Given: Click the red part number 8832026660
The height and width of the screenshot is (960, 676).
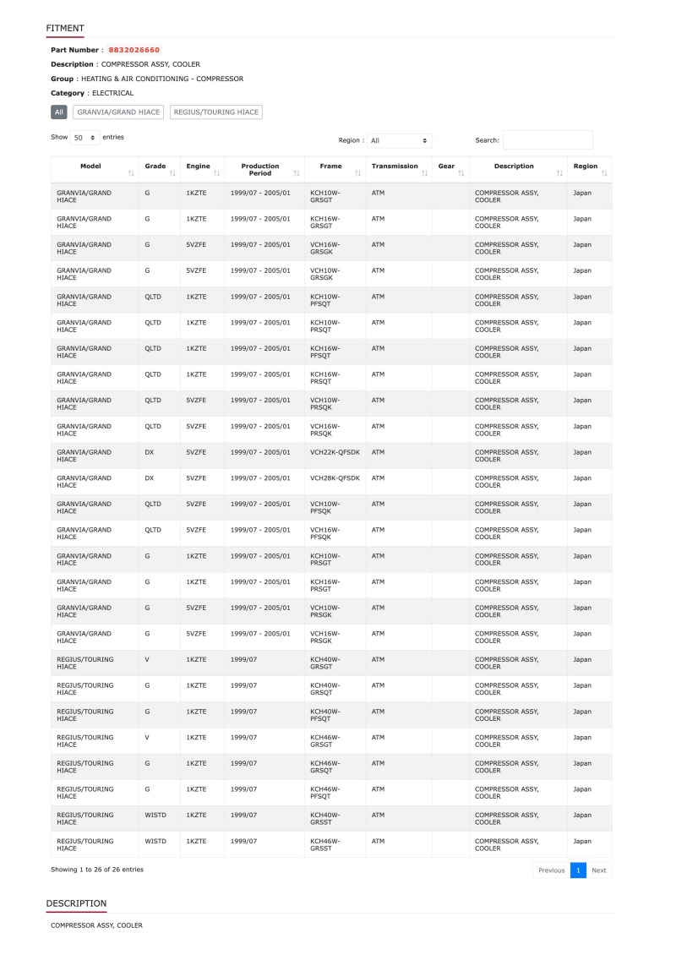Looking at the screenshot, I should click(134, 50).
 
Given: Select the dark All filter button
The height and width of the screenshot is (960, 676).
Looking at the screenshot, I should click(59, 112).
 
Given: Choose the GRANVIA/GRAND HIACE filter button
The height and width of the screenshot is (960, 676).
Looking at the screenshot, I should click(118, 112).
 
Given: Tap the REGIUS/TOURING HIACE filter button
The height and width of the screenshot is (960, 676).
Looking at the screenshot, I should click(216, 112).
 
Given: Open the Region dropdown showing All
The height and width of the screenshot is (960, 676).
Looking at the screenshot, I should click(400, 140).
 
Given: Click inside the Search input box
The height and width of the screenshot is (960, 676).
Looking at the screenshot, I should click(548, 140).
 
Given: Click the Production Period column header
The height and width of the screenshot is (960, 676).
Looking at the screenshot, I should click(260, 170).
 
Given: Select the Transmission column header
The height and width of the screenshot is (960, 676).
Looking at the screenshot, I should click(395, 166).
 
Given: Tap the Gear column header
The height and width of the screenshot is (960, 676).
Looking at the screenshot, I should click(447, 166).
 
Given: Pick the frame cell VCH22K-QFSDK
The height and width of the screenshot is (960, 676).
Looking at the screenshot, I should click(335, 452).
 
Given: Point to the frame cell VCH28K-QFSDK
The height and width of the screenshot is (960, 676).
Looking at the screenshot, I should click(335, 478).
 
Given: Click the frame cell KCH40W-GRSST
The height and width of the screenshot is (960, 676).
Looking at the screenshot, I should click(325, 818).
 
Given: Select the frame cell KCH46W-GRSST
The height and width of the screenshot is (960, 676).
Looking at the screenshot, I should click(325, 844).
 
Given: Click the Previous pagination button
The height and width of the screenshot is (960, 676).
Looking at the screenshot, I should click(551, 870).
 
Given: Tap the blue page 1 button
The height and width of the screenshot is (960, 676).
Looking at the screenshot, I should click(578, 870).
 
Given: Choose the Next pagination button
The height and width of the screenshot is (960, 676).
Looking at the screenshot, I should click(598, 870).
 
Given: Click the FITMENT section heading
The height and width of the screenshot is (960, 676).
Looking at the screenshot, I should click(65, 29).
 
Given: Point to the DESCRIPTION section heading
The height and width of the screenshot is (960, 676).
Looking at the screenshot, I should click(76, 903).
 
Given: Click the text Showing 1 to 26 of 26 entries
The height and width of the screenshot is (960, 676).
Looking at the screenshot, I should click(97, 869).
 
